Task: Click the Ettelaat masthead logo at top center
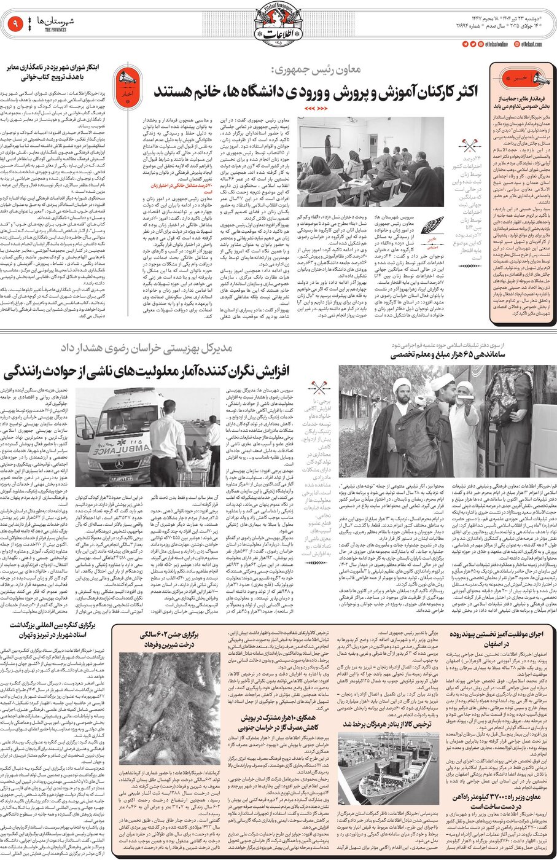click(278, 26)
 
